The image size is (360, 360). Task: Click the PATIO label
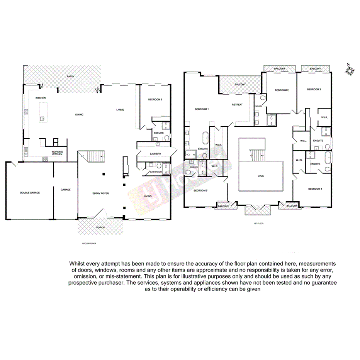tap(70, 76)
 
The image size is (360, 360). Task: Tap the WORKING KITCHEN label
tap(57, 153)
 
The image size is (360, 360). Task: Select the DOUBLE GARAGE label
tap(30, 192)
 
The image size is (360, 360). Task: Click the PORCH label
tap(100, 227)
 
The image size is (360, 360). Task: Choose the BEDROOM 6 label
tap(155, 100)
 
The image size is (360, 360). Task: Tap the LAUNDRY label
tap(155, 154)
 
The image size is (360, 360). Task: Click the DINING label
tap(79, 114)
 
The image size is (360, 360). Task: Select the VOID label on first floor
tap(261, 176)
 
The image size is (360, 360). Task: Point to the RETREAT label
tap(237, 105)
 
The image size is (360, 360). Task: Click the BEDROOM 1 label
tap(202, 109)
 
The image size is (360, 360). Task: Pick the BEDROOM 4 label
tap(315, 189)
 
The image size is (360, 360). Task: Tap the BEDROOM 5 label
tap(200, 190)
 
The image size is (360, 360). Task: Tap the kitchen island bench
tap(42, 112)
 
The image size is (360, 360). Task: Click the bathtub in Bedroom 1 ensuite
tap(205, 137)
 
